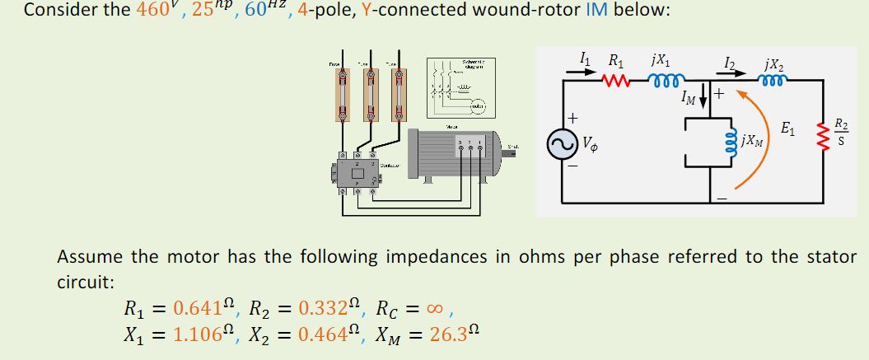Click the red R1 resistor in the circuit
pos(616,81)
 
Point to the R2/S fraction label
pos(839,132)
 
